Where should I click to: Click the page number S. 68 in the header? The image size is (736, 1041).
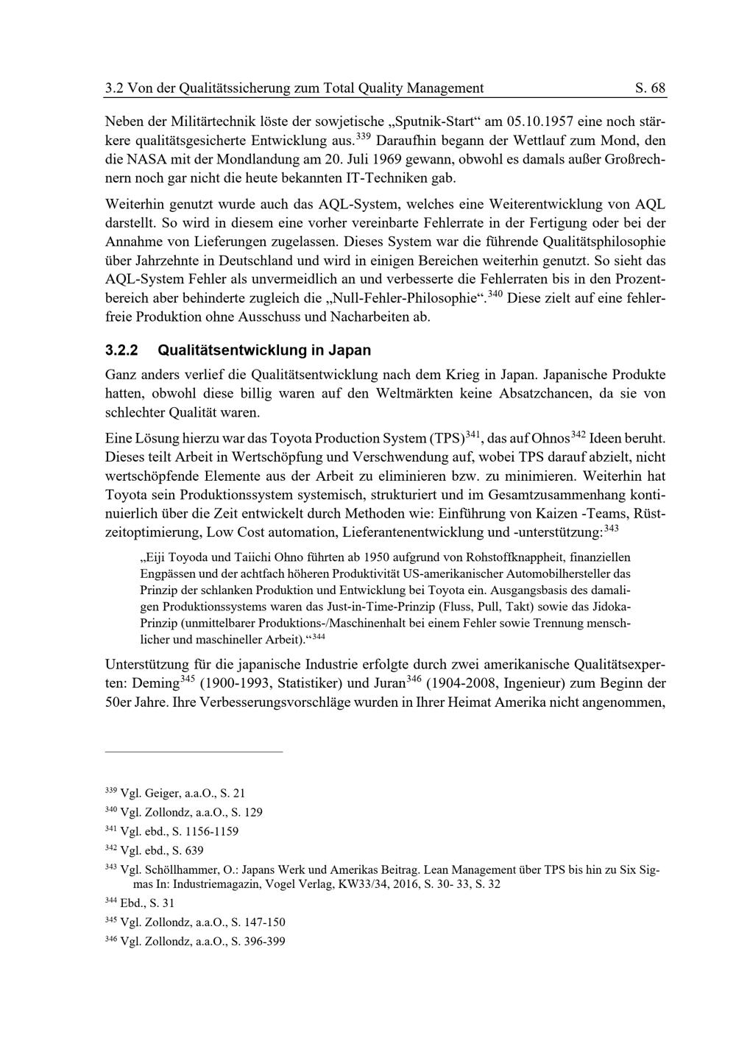(650, 88)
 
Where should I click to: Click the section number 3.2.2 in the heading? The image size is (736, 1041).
(122, 350)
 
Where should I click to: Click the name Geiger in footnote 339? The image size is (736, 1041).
(163, 794)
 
